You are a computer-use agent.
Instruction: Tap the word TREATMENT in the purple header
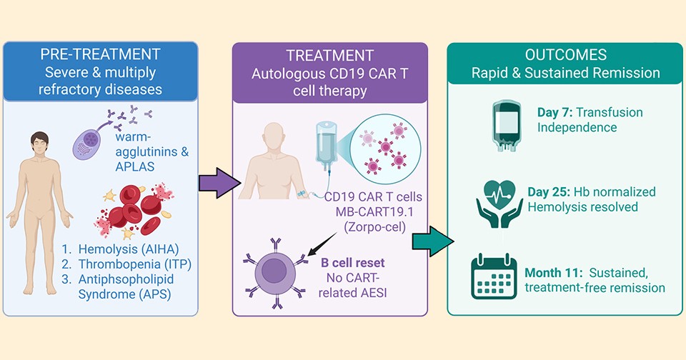pyautogui.click(x=329, y=56)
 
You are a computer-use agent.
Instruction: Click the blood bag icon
pyautogui.click(x=504, y=121)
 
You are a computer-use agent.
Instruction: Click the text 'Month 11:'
pyautogui.click(x=554, y=273)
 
